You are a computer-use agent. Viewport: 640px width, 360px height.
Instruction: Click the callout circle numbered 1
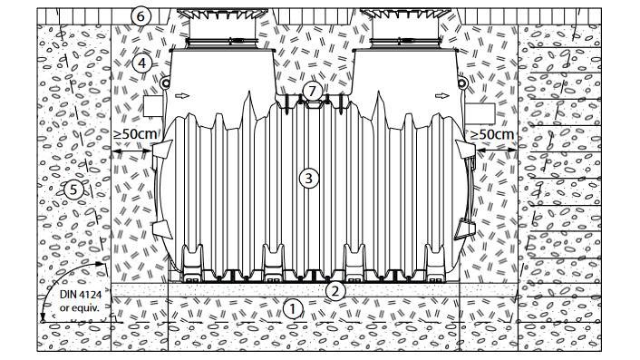292,309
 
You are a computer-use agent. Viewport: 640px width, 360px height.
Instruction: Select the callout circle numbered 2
335,290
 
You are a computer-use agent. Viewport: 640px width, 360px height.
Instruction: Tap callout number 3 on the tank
308,179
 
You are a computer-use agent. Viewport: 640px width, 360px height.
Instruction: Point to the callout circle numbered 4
142,63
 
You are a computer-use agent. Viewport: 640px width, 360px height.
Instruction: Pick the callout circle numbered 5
73,190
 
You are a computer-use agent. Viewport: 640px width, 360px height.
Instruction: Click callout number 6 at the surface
141,16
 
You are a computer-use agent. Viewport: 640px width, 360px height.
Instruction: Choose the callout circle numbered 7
312,91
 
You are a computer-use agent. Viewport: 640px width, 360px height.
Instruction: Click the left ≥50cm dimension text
135,134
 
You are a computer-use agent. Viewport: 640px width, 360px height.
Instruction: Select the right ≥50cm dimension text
492,134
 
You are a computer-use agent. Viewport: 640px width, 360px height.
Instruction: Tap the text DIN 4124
81,295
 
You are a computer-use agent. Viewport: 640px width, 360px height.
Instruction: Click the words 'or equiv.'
79,307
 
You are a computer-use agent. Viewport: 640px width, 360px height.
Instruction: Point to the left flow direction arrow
182,96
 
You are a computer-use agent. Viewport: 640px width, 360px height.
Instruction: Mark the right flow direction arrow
442,96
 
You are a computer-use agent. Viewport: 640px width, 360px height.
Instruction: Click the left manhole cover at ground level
221,15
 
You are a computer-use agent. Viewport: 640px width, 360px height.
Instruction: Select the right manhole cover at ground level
406,15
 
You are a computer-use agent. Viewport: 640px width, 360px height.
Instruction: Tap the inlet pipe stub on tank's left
153,106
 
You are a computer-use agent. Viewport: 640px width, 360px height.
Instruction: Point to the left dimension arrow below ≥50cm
131,151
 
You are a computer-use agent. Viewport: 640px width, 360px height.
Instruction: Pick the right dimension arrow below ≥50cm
497,151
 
